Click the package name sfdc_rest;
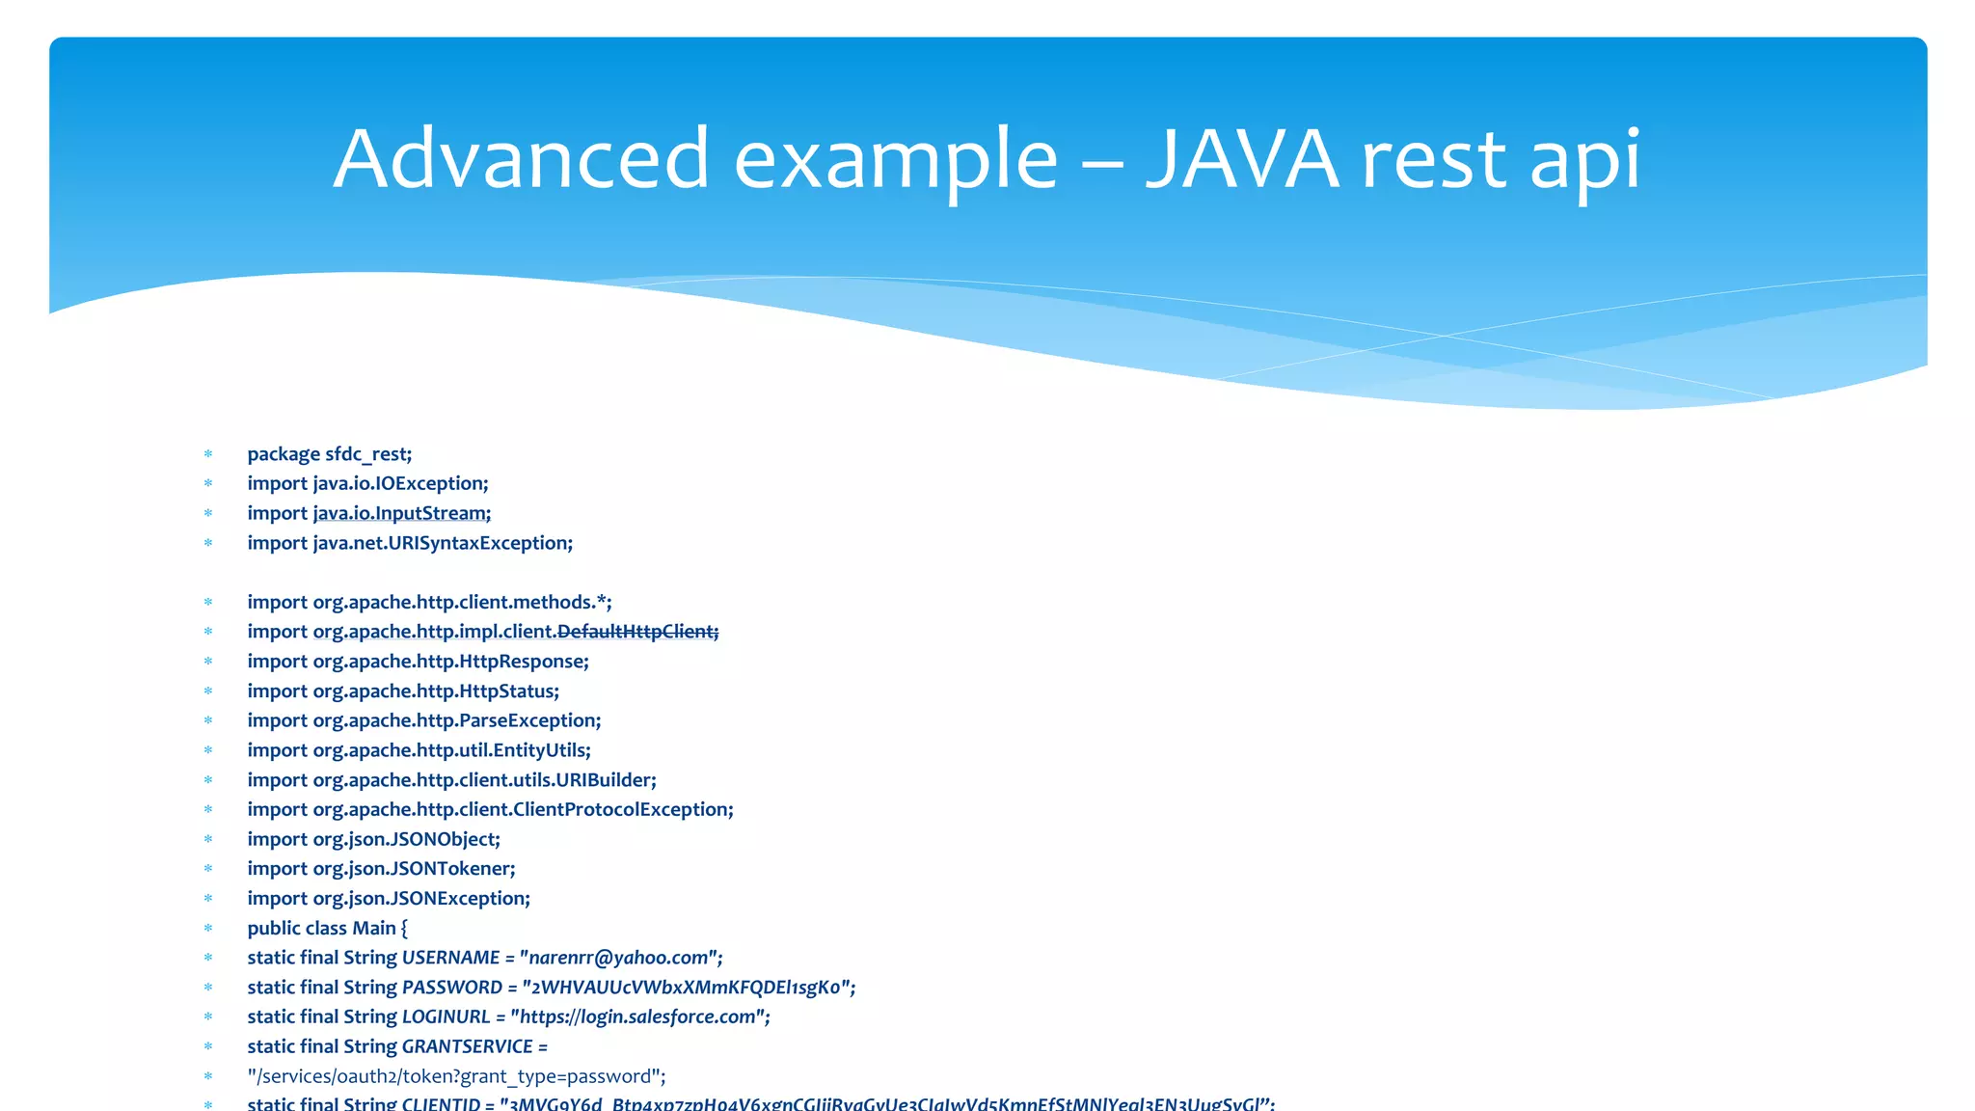click(368, 454)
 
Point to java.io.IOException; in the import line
click(400, 483)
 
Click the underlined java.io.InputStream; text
click(402, 513)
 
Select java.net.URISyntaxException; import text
click(443, 543)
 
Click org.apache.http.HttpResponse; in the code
click(450, 662)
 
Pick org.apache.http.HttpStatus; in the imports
click(436, 691)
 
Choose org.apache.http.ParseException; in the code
click(456, 720)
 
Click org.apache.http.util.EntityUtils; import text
click(451, 750)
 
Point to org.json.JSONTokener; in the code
click(414, 869)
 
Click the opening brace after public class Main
click(404, 929)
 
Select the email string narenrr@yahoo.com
click(620, 958)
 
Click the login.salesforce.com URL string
click(639, 1017)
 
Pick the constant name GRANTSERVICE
click(467, 1047)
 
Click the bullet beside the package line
click(207, 454)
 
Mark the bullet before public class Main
click(207, 929)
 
